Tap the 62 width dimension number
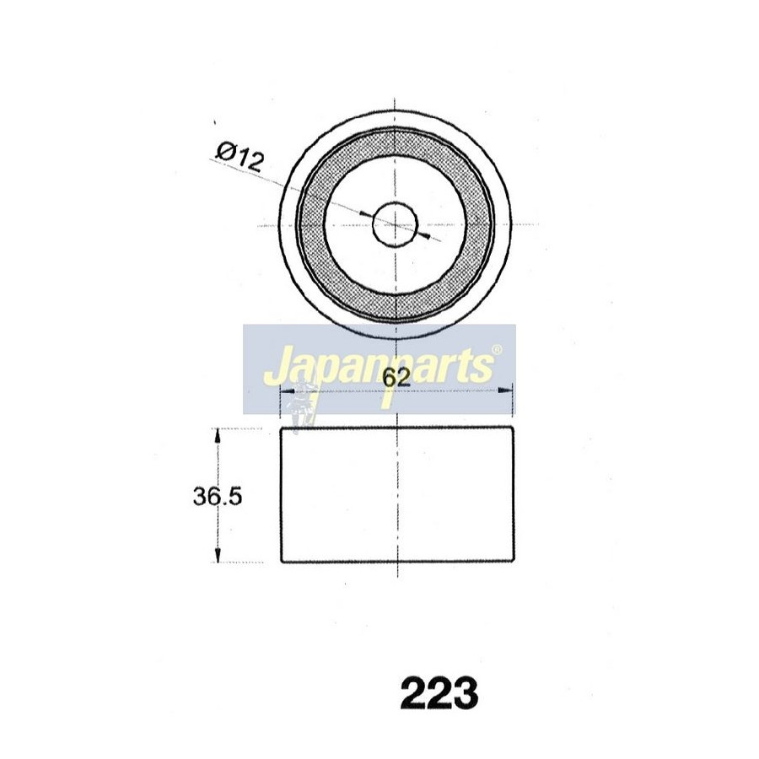396,378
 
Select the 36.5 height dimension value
218,497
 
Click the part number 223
439,694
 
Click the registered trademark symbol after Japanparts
497,349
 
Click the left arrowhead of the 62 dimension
288,390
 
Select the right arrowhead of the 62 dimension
506,390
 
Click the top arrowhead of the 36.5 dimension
218,434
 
